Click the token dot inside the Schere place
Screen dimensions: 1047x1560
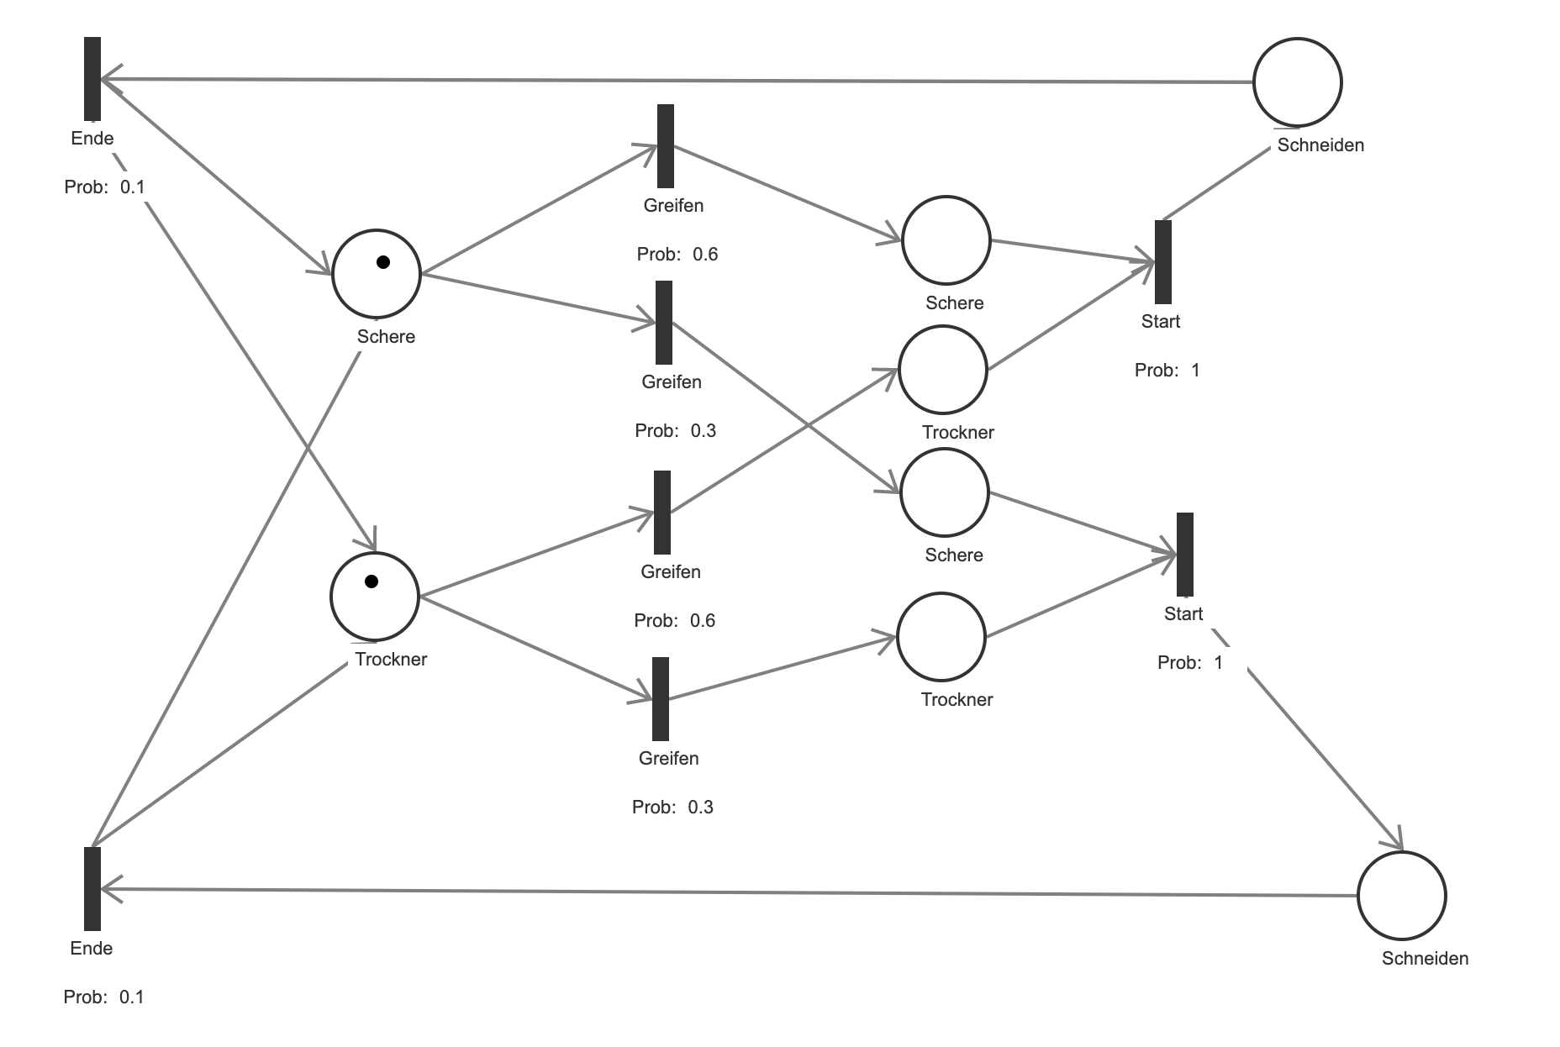tap(383, 262)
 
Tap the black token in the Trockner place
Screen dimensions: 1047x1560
tap(372, 581)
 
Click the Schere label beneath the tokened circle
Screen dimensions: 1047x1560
tap(386, 337)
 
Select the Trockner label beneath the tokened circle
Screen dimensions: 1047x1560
tap(391, 660)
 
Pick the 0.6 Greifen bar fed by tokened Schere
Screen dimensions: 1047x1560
tap(666, 146)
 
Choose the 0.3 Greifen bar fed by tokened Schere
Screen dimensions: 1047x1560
tap(664, 323)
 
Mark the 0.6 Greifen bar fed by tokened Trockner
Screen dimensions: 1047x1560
tap(662, 512)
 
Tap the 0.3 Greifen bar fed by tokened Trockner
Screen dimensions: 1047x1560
tap(661, 699)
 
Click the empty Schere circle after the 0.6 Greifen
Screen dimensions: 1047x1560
tap(946, 240)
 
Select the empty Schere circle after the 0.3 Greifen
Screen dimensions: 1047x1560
tap(944, 492)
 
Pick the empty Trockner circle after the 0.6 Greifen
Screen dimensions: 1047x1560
tap(942, 370)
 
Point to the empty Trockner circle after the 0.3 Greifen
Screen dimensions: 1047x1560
tap(941, 636)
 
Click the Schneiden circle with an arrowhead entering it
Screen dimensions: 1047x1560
tap(1401, 895)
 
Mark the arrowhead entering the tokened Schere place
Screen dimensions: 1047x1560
tap(324, 267)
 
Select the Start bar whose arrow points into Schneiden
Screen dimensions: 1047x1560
tap(1184, 554)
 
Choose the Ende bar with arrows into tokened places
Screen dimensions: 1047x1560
tap(92, 79)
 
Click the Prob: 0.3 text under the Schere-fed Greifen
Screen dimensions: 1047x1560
tap(675, 431)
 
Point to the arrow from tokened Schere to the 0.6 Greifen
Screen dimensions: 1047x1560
tap(538, 210)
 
